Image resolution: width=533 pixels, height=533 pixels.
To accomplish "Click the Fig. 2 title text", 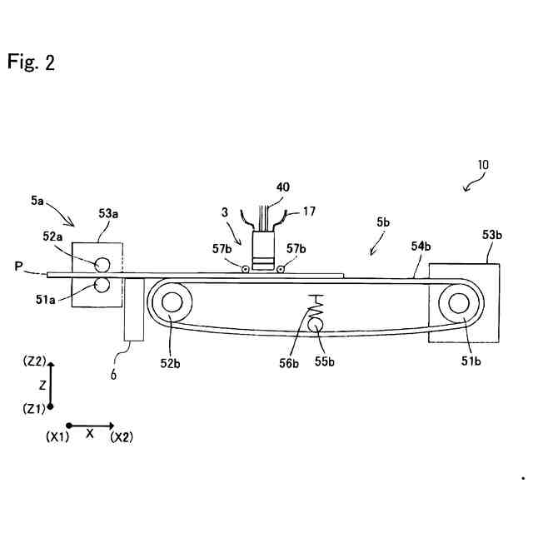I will (31, 62).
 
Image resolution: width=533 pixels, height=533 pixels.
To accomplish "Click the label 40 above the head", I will (284, 189).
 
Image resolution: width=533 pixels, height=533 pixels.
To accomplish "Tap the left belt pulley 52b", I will (173, 302).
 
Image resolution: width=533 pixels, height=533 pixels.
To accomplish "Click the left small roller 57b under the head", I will (245, 269).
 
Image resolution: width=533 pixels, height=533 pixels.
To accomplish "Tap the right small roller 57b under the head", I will (281, 269).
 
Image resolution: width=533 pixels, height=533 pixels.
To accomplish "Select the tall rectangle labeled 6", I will (133, 319).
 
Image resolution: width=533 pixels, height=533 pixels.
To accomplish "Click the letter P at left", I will (17, 266).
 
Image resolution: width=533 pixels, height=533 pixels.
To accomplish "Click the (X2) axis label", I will (122, 436).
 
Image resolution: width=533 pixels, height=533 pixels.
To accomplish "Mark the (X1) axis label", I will (57, 436).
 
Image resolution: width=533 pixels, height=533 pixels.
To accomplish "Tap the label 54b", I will (421, 246).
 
